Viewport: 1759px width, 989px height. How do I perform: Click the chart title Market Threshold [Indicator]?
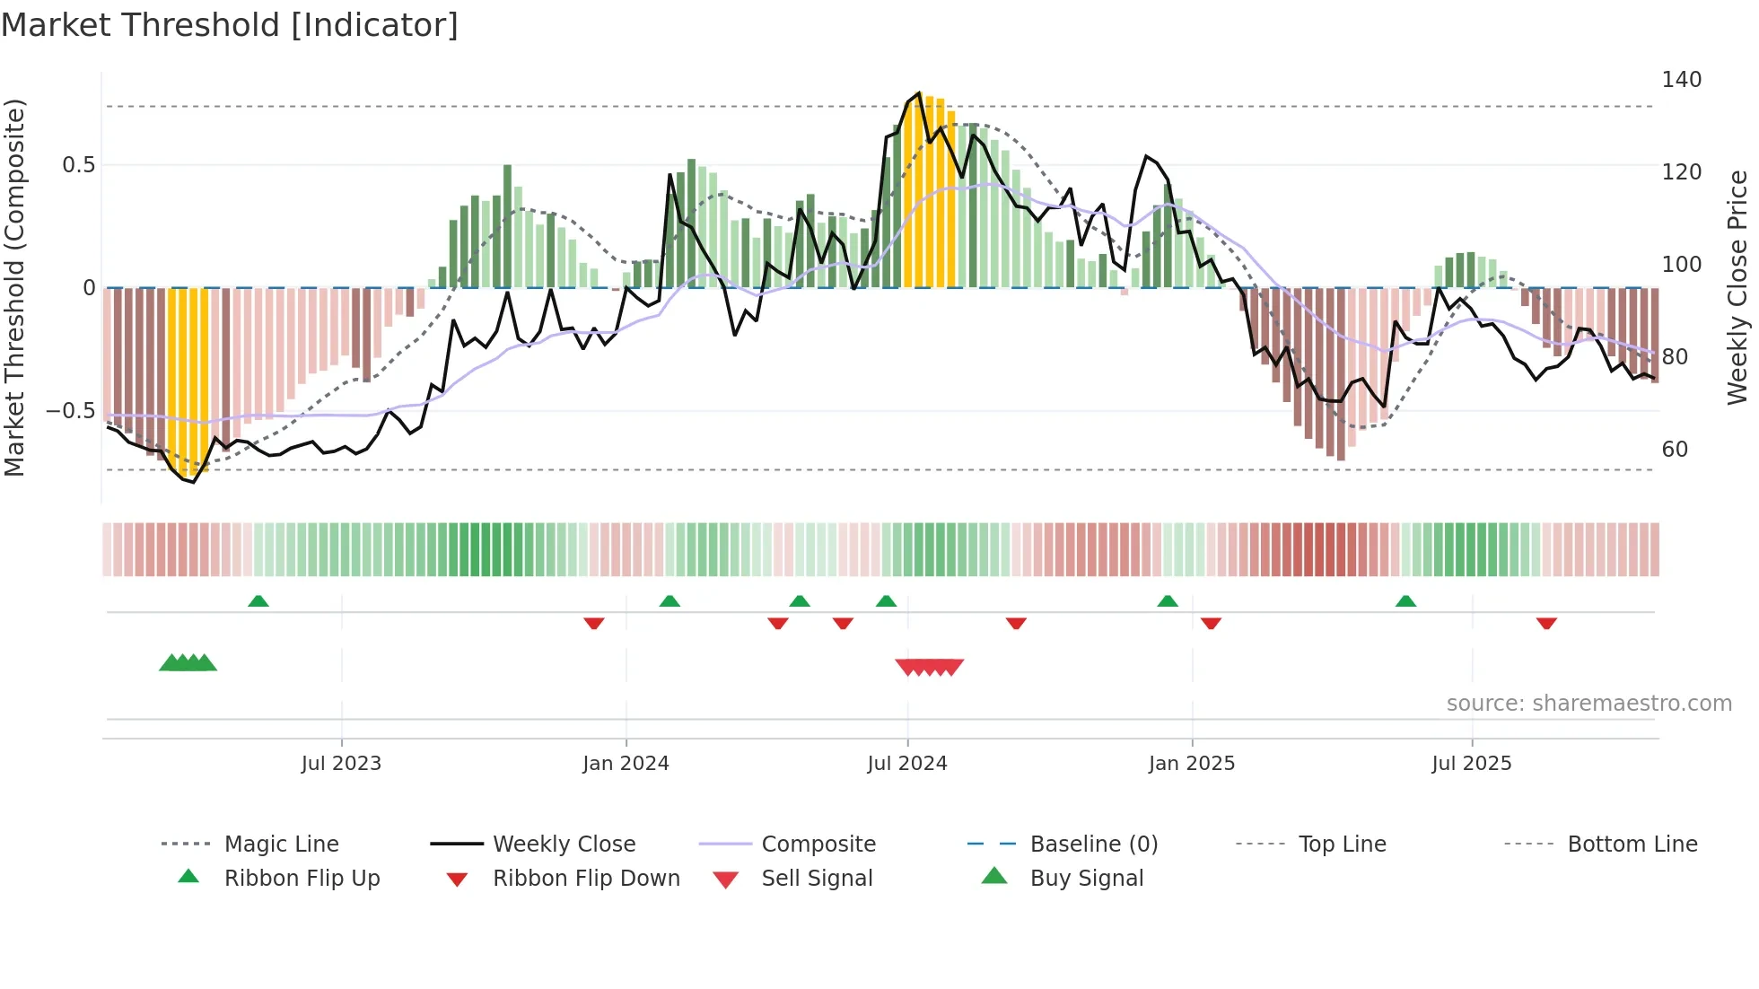pyautogui.click(x=230, y=25)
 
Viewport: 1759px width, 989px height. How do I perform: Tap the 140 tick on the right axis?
pyautogui.click(x=1681, y=80)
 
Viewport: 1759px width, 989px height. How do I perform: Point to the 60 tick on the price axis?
pyautogui.click(x=1675, y=450)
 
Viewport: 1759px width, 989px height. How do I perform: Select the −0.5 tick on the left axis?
pyautogui.click(x=70, y=411)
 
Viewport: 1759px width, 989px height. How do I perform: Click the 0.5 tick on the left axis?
pyautogui.click(x=78, y=165)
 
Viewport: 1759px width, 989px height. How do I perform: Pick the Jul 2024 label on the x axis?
pyautogui.click(x=906, y=764)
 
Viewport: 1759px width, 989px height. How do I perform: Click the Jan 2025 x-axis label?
pyautogui.click(x=1191, y=764)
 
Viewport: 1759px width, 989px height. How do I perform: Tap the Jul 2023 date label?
pyautogui.click(x=341, y=764)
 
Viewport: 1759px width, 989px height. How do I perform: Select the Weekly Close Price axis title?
pyautogui.click(x=1737, y=287)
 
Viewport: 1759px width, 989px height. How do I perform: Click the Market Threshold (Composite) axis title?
pyautogui.click(x=14, y=287)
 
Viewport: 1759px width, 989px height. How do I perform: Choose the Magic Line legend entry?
pyautogui.click(x=281, y=845)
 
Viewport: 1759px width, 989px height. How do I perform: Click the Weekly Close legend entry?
pyautogui.click(x=564, y=845)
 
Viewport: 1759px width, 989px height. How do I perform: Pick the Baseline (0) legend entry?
pyautogui.click(x=1093, y=845)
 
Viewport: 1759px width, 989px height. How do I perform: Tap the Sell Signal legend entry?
pyautogui.click(x=817, y=879)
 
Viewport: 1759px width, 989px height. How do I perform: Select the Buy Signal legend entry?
pyautogui.click(x=1086, y=879)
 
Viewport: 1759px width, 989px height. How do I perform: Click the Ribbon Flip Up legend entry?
pyautogui.click(x=302, y=879)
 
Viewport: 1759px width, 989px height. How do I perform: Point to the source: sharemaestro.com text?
pyautogui.click(x=1588, y=704)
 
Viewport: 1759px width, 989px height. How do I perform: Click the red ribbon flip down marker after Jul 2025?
pyautogui.click(x=1545, y=623)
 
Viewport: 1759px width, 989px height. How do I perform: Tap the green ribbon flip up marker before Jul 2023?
pyautogui.click(x=258, y=600)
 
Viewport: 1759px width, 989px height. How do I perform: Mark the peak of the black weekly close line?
pyautogui.click(x=918, y=93)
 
